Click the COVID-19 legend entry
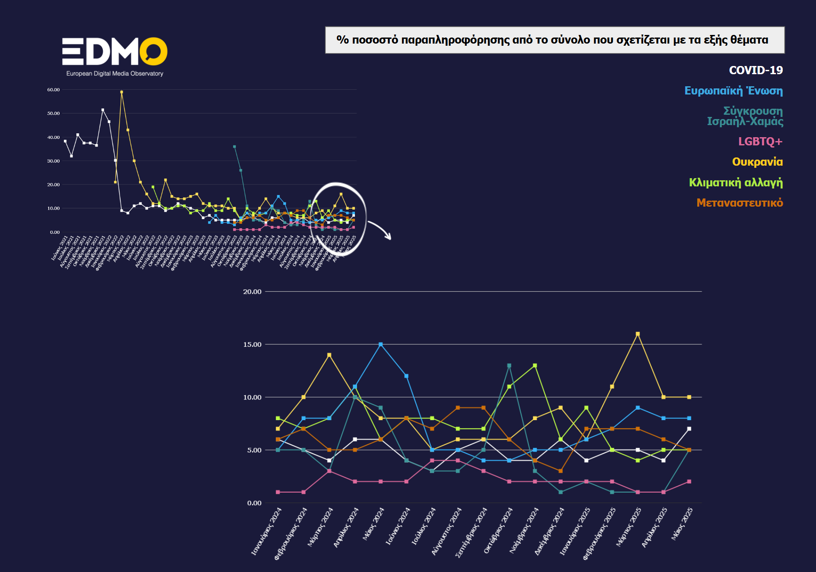click(756, 70)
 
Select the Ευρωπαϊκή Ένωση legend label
click(733, 91)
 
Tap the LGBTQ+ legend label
click(760, 141)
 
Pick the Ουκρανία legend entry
click(757, 162)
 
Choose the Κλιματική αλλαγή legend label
click(736, 182)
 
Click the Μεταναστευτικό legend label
click(739, 203)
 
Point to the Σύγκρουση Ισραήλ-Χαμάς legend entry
click(745, 116)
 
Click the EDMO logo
click(114, 51)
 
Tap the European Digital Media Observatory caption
click(114, 74)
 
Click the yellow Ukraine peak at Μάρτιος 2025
click(638, 334)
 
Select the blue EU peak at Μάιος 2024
click(380, 344)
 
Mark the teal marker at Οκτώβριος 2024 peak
click(509, 365)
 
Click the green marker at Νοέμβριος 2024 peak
click(535, 365)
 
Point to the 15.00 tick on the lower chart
click(252, 345)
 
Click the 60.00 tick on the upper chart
click(54, 90)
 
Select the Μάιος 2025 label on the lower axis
click(682, 524)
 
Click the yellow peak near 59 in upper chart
click(121, 92)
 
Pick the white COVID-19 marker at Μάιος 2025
click(689, 429)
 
